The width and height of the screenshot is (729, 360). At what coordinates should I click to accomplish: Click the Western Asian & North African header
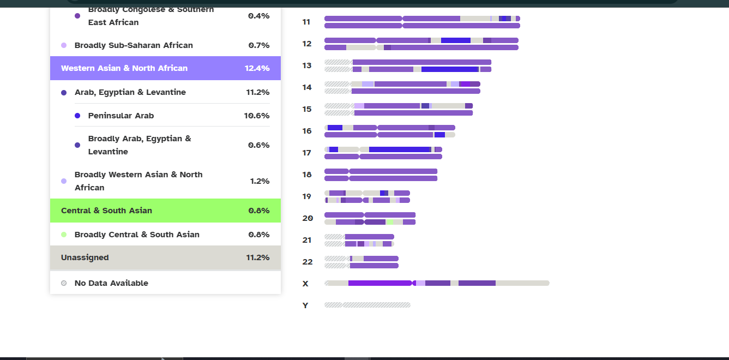(124, 68)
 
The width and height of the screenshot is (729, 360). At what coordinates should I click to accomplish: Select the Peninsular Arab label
(121, 116)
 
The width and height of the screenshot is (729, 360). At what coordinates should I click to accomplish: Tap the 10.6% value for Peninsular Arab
(257, 116)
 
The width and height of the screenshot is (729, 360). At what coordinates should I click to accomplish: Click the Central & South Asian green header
(107, 211)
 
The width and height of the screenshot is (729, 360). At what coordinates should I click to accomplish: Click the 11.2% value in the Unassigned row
(258, 257)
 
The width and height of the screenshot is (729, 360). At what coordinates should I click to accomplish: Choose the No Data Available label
(111, 283)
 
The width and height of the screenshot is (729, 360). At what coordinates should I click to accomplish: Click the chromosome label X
(305, 284)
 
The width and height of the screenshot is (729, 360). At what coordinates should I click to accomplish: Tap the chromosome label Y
(305, 305)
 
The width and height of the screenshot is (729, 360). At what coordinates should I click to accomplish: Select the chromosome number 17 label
(307, 153)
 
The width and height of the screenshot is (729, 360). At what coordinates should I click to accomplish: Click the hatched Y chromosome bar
(367, 305)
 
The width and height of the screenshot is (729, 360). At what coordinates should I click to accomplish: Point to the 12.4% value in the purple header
(257, 68)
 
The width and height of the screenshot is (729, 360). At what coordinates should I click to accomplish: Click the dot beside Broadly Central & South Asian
(64, 235)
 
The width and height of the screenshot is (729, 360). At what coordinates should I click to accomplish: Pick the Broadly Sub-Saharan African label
(134, 45)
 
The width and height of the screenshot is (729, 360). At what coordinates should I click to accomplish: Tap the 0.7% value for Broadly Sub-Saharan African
(259, 45)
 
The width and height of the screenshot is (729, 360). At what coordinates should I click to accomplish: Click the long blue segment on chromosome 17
(400, 149)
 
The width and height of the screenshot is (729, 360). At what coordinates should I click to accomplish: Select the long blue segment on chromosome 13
(450, 69)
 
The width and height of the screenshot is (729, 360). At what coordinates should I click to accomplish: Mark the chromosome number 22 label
(308, 262)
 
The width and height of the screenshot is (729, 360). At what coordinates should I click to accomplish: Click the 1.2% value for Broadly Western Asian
(260, 181)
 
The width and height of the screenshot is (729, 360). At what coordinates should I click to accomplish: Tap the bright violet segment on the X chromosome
(379, 283)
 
